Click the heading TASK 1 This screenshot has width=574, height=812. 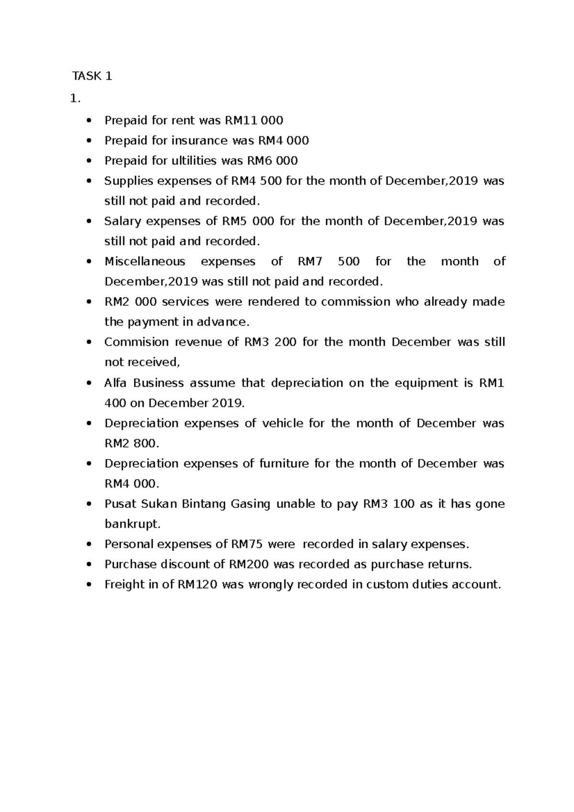92,76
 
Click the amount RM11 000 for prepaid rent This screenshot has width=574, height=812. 254,121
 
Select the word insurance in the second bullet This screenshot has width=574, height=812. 199,141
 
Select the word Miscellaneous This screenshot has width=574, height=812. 144,262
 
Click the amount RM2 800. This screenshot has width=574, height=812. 130,444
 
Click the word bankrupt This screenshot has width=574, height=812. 131,524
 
